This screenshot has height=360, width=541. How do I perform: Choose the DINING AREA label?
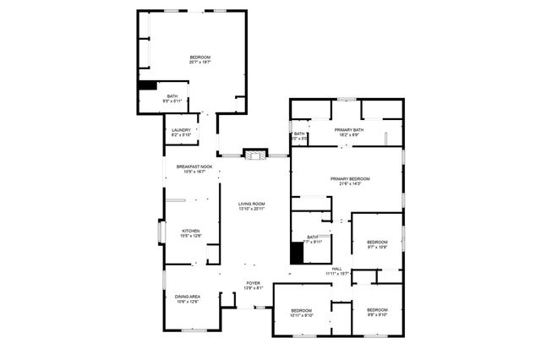[188, 298]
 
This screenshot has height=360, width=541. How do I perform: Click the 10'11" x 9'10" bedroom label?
[302, 312]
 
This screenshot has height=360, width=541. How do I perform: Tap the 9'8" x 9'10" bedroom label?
[376, 312]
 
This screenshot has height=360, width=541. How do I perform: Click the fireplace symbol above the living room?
[254, 154]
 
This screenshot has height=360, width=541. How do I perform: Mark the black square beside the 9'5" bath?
[148, 85]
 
